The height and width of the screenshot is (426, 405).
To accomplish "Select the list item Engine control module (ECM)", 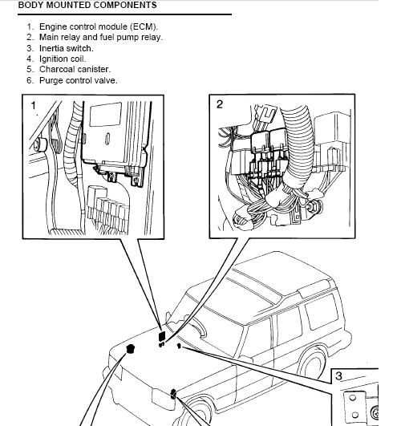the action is (99, 26).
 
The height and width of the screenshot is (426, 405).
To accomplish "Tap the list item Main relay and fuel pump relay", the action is (101, 37).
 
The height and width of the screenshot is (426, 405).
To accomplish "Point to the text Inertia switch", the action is (67, 48).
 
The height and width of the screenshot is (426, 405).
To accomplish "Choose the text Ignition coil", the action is (63, 59).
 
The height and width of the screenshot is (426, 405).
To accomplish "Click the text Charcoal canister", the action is (75, 69).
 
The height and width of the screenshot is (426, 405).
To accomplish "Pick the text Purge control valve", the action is (79, 80).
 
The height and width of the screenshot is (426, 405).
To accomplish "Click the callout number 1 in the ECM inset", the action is (34, 105).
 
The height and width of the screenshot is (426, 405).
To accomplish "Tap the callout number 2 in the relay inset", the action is (220, 104).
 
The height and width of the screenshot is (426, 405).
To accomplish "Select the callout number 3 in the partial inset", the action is (338, 376).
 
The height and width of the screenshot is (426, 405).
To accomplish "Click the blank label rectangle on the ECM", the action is (105, 115).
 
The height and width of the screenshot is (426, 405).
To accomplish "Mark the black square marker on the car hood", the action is (162, 336).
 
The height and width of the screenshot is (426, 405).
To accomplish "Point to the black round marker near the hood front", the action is (131, 348).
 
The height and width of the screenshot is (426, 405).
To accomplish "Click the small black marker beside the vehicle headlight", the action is (173, 394).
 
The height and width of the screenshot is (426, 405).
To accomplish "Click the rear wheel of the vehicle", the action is (312, 362).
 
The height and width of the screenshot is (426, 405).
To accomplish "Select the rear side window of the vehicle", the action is (322, 312).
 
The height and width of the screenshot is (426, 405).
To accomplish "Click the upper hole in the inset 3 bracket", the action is (352, 398).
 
